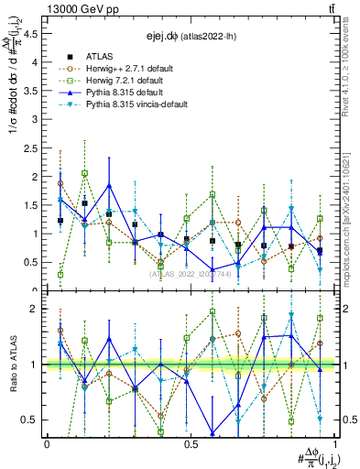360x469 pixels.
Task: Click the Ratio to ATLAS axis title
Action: [12, 365]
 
